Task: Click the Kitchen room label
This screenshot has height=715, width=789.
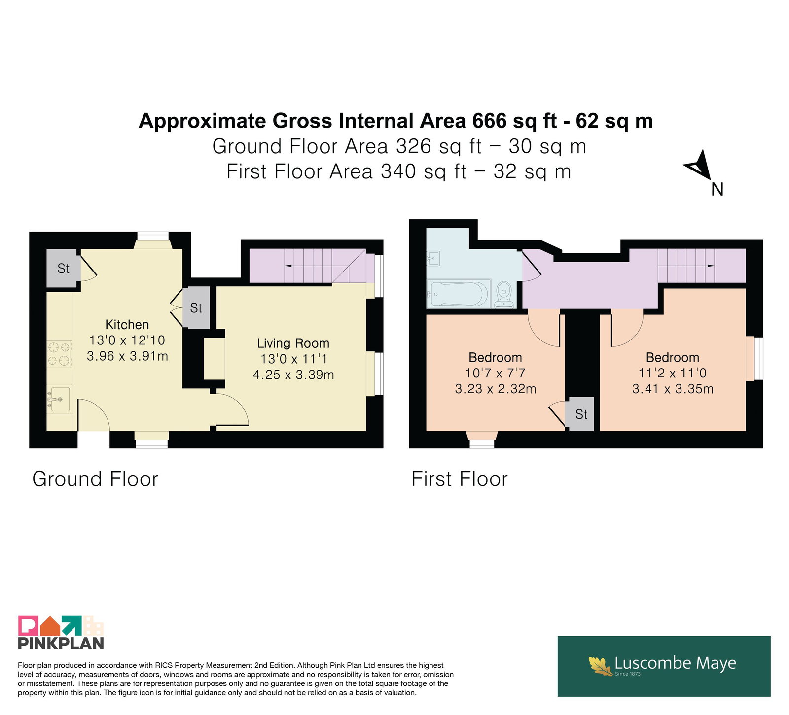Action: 127,325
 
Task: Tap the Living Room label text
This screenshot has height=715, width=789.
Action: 293,343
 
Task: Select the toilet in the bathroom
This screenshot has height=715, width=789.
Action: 504,295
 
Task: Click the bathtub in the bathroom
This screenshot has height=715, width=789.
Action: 458,294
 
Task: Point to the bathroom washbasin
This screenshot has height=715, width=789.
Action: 433,258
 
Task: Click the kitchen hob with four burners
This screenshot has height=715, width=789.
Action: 60,354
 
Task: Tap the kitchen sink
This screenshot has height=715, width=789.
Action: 59,399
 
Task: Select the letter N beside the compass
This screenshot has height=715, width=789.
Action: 717,189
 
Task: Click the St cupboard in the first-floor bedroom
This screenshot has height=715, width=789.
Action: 581,414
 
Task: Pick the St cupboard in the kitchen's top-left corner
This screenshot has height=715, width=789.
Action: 63,269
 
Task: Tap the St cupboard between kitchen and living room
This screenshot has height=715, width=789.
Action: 196,308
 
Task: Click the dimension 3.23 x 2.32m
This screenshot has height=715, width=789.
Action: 496,389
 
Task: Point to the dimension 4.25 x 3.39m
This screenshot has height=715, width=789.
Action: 293,375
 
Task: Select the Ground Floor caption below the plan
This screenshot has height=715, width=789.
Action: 95,479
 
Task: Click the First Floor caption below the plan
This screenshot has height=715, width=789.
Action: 460,479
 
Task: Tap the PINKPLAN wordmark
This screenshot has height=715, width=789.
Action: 61,643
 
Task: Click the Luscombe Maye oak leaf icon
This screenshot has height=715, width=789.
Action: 600,666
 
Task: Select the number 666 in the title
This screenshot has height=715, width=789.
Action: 490,121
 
